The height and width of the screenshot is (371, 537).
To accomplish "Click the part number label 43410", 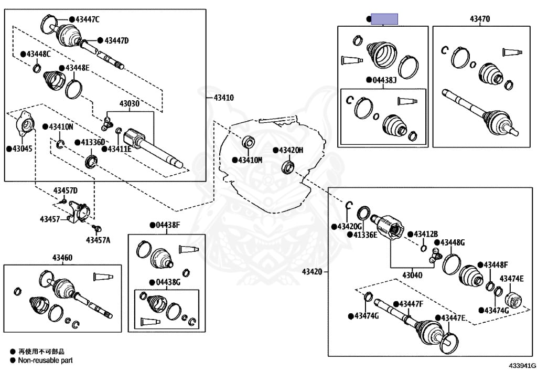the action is click(223, 98).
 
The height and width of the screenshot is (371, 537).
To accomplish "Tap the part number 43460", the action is click(62, 258).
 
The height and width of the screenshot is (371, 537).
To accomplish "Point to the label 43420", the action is click(312, 272).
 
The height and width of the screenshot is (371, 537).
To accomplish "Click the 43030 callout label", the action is click(129, 103).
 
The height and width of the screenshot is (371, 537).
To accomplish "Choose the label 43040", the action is click(412, 275).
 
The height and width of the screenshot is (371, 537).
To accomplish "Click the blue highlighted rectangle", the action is click(384, 19).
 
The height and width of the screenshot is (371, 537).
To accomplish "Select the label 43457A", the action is click(98, 240).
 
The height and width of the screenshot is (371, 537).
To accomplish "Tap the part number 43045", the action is click(22, 149).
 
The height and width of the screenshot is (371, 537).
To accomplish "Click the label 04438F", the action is click(168, 225).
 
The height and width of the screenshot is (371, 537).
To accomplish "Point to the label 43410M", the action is click(250, 160).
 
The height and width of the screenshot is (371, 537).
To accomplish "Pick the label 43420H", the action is click(291, 151).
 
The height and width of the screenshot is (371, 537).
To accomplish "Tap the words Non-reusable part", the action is click(46, 360).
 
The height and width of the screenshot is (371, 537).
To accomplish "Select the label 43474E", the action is click(512, 279).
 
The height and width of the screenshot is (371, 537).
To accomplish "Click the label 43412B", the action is click(426, 235).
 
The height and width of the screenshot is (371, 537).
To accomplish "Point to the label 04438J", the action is click(384, 80).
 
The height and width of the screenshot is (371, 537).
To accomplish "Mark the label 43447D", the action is click(116, 41).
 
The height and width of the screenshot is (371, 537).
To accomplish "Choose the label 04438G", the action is click(168, 282).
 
